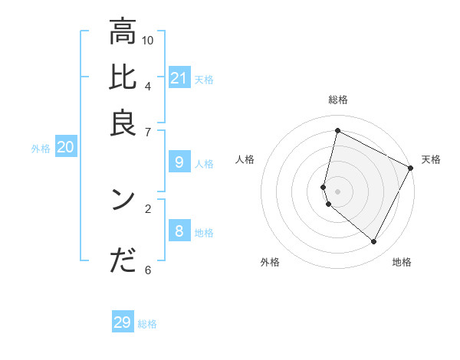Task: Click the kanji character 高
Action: coord(123,32)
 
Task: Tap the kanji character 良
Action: coord(123,123)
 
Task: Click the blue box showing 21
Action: coord(179,78)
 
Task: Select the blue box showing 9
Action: coord(179,162)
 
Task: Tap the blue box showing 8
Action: coord(179,231)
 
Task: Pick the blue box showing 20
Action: coord(65,148)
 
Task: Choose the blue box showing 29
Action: coord(123,322)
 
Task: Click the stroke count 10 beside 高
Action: coord(148,40)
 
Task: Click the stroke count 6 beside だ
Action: coord(147,269)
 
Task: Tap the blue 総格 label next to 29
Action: coord(147,324)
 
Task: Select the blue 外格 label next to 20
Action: coord(41,149)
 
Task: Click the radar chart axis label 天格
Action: coord(431,159)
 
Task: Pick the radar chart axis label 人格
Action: coord(245,159)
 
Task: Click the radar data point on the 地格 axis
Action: coord(374,242)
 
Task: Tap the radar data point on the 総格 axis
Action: coord(337,131)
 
